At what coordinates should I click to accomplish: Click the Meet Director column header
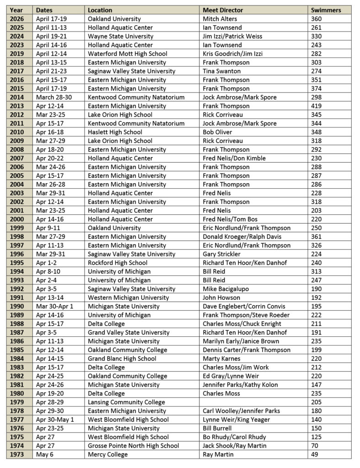223,10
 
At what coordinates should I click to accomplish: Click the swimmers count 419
317,106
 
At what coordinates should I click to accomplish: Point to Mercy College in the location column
107,454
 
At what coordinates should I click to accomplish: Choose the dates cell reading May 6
44,454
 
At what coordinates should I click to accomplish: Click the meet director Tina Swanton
222,71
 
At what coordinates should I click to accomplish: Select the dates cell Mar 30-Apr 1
54,306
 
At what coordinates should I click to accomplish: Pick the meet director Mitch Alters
221,19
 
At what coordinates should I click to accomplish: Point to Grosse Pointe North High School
133,446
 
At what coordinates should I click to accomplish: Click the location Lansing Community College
126,402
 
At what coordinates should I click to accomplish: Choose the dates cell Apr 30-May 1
54,420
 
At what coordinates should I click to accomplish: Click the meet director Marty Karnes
221,359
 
